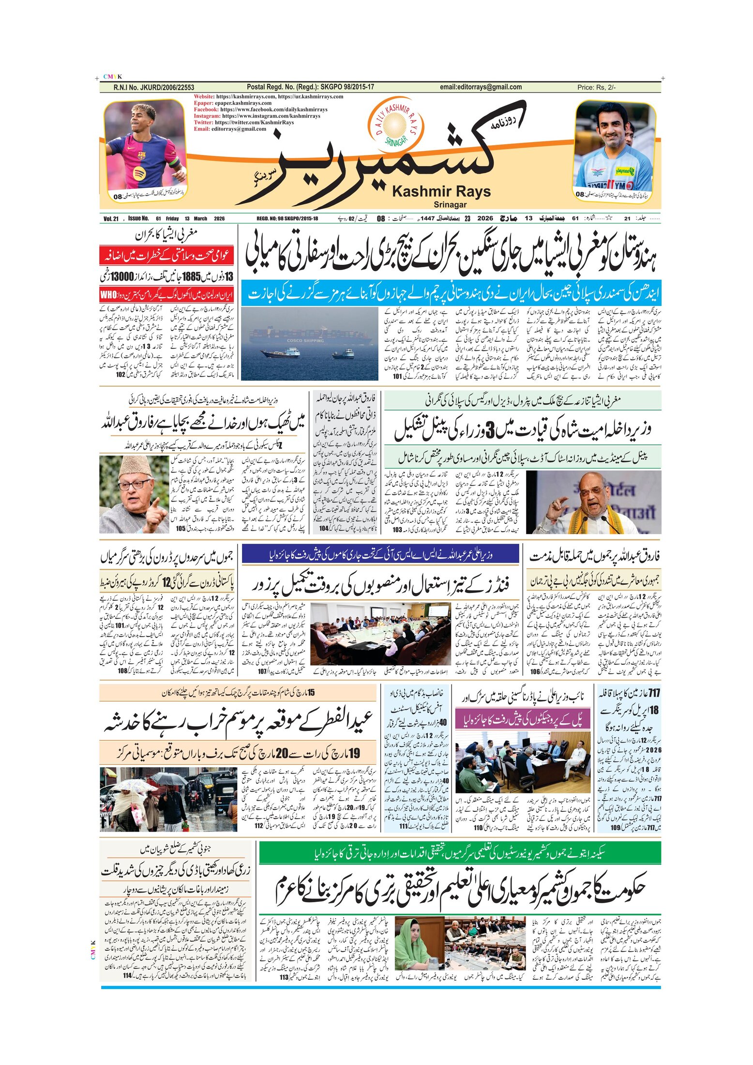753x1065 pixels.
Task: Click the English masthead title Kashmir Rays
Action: coord(441,192)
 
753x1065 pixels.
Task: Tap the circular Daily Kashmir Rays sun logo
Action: coord(395,124)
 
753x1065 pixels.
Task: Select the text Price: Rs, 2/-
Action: coord(596,87)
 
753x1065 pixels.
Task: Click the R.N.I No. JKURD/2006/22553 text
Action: coord(153,87)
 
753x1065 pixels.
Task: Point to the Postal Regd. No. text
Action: coord(310,87)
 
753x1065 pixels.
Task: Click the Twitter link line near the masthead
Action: coord(243,122)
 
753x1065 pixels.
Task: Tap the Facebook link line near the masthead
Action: coord(260,109)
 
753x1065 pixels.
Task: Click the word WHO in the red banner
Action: coord(108,295)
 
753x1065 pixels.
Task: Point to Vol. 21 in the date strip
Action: coord(111,219)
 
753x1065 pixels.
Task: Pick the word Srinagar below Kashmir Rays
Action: coord(450,204)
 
